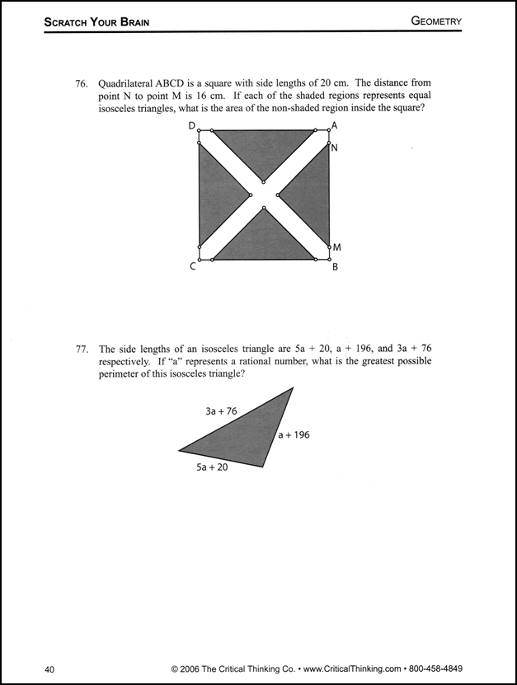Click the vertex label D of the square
[192, 126]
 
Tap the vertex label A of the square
[334, 125]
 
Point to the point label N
[334, 148]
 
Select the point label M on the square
[336, 247]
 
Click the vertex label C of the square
[192, 266]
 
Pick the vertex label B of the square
[335, 267]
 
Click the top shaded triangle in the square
[264, 148]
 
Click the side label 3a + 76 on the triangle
[221, 411]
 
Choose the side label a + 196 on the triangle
[294, 434]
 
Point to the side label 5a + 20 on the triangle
[212, 467]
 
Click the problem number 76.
[81, 83]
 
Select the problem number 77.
[81, 350]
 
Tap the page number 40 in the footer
[50, 669]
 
